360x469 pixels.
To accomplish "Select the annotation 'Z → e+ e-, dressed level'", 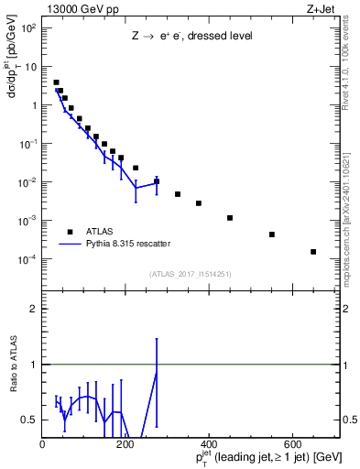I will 191,38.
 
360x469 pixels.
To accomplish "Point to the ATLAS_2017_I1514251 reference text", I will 191,273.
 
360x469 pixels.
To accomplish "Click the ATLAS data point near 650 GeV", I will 313,252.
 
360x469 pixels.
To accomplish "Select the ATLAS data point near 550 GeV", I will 272,234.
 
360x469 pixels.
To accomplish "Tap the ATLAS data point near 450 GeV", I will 230,218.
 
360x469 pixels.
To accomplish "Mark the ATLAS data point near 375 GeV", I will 199,203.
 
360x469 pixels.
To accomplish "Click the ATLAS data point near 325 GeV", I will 178,194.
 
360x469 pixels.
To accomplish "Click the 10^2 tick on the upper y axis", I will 27,27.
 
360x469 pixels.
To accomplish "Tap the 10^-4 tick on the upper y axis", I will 27,259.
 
